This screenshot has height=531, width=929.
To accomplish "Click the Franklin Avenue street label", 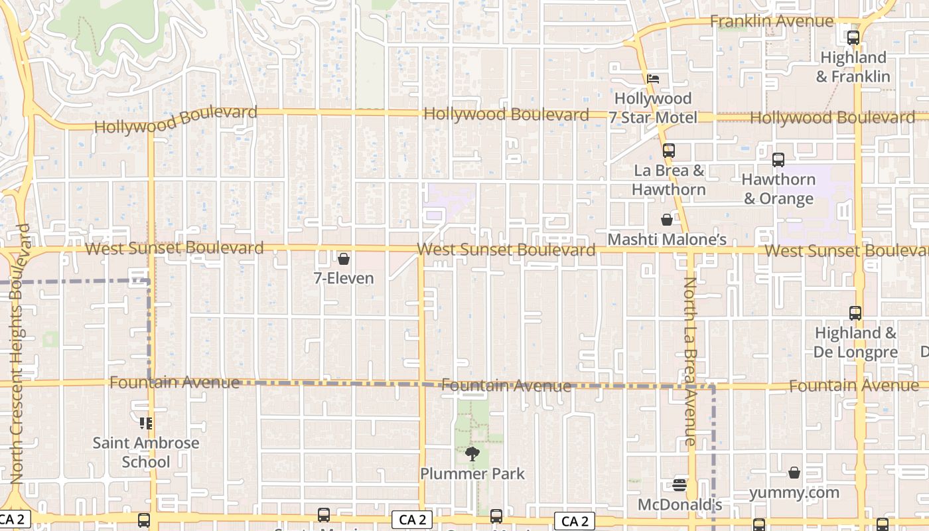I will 771,21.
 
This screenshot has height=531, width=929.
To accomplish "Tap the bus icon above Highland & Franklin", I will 853,38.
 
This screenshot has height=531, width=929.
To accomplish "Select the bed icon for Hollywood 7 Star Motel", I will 653,79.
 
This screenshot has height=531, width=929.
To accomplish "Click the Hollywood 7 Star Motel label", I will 653,108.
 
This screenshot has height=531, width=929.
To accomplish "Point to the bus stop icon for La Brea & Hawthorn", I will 668,151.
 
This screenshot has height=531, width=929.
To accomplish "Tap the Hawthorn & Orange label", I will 778,189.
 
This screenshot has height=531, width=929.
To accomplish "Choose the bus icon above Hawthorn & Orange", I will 778,160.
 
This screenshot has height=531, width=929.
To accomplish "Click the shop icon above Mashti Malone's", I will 667,220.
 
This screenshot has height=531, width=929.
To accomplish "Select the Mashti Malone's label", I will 667,239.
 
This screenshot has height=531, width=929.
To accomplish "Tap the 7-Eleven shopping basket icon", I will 344,259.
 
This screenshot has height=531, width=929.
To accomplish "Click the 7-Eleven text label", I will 344,278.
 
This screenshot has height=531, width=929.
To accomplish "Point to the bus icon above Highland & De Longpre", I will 855,313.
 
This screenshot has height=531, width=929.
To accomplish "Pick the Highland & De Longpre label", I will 855,342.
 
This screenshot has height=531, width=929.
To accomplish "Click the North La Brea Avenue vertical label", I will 690,361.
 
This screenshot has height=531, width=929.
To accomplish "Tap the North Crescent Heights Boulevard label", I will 20,353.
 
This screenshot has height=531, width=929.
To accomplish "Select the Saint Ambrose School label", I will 146,452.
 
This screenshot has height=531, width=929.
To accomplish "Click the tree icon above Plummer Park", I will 472,454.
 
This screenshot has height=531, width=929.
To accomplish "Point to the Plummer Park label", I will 472,474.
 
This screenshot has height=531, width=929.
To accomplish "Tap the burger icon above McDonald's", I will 679,485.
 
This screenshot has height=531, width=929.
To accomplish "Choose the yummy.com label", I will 794,493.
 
